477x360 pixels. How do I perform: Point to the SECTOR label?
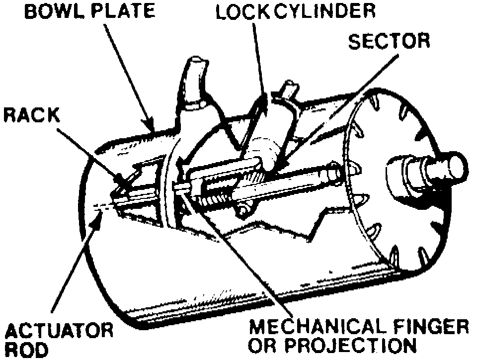coord(389,41)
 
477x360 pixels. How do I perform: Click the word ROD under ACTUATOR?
coord(25,351)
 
